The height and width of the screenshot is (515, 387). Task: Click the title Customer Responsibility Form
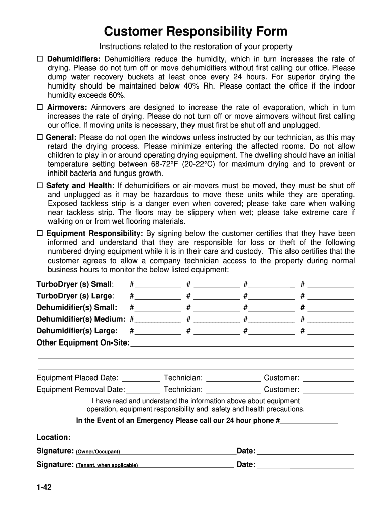pos(196,32)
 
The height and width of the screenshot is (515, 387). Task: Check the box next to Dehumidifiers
pos(40,59)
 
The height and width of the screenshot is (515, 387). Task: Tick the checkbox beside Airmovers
pos(40,107)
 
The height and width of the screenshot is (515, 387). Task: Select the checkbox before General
pos(40,137)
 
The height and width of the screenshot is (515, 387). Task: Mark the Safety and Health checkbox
pos(40,186)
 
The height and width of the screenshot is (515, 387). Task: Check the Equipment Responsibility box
pos(40,233)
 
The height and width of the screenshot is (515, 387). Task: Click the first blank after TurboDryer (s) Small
pos(158,284)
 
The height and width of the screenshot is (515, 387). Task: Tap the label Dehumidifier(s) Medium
pos(81,319)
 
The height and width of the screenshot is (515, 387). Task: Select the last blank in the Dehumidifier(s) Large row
pos(330,331)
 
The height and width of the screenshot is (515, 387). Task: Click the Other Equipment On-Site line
pos(242,344)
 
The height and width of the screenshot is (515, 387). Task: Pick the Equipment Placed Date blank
pos(141,378)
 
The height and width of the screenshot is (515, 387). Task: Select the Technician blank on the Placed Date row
pos(234,378)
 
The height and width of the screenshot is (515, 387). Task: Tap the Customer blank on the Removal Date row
pos(329,390)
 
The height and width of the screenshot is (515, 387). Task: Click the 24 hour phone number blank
pos(309,421)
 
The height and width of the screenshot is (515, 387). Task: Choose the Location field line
pos(212,438)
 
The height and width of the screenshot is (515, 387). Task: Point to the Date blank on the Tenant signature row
pos(305,465)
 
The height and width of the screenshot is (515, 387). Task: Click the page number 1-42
pos(44,488)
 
